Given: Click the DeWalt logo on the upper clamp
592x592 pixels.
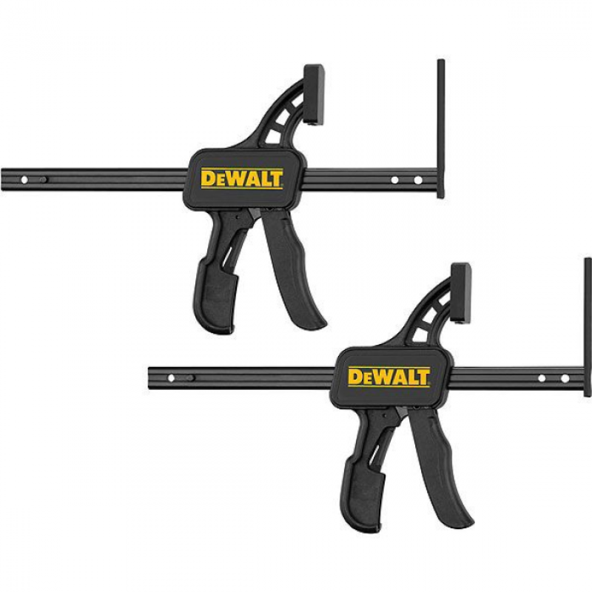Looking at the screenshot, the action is (x=242, y=179).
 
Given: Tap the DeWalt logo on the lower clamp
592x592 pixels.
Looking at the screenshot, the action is (x=389, y=377).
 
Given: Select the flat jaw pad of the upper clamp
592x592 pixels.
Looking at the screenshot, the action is (x=314, y=95).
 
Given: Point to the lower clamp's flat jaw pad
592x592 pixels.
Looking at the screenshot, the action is (x=461, y=293).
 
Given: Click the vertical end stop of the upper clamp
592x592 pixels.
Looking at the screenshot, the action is (x=441, y=129).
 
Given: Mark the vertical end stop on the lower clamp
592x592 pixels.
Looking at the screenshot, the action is (x=588, y=327).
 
